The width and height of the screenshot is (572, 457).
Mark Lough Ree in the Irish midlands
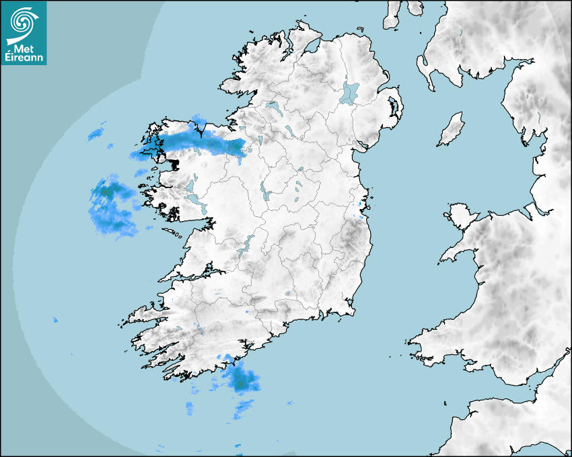(x=264, y=192)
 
